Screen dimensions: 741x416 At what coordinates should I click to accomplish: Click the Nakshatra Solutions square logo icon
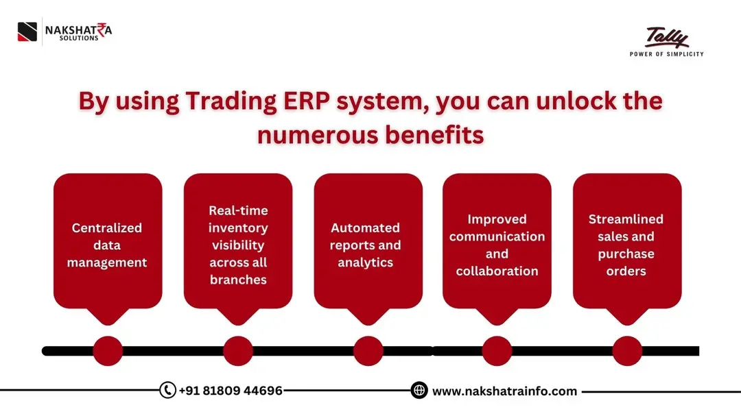27,32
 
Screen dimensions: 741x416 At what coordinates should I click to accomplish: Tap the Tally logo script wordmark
667,38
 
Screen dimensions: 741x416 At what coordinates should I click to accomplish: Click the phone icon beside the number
168,390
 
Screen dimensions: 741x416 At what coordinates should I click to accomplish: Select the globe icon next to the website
419,390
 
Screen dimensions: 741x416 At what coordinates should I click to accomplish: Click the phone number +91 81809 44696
231,391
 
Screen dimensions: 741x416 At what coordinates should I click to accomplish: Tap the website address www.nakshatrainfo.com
504,391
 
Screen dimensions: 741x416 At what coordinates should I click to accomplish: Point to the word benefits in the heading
434,134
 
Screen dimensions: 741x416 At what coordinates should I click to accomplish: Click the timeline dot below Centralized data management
108,351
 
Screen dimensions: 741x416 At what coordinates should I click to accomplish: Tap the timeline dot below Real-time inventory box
237,351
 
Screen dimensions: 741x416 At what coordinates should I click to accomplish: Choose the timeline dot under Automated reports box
368,351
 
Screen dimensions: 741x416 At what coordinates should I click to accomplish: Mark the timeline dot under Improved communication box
497,351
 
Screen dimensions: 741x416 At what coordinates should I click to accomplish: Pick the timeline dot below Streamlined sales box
627,351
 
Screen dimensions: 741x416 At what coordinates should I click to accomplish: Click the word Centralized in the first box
107,228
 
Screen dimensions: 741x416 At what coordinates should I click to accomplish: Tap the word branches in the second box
238,280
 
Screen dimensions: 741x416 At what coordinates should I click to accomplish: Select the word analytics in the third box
365,263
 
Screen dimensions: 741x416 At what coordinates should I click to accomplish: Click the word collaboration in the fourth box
497,271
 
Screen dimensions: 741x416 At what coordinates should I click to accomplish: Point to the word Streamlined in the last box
626,219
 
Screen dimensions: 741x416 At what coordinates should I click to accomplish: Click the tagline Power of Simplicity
667,54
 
